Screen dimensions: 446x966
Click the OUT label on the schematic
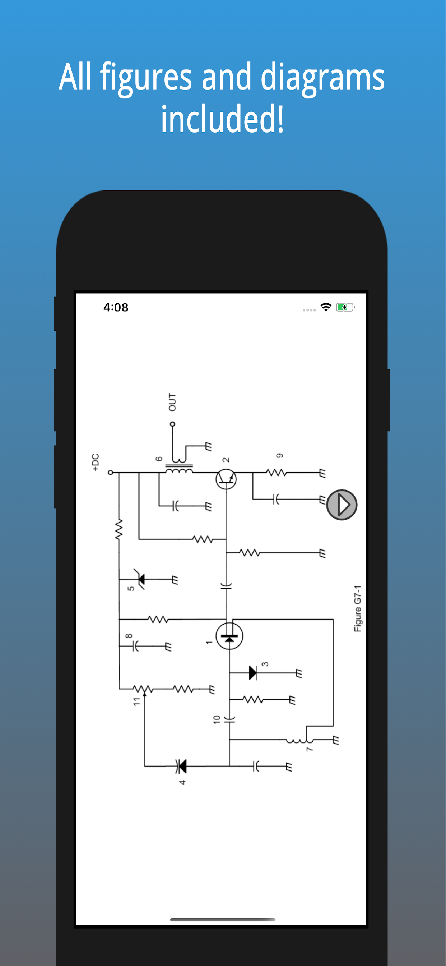[x=172, y=402]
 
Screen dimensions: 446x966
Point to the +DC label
[x=96, y=462]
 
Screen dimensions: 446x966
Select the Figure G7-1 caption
[x=358, y=608]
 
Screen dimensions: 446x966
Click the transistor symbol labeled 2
[x=226, y=479]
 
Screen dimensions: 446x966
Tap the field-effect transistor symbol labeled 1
[x=229, y=636]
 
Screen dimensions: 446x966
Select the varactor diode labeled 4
[x=181, y=766]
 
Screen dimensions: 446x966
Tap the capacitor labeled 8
[x=136, y=646]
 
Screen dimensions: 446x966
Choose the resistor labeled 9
[x=277, y=473]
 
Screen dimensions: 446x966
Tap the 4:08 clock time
[x=116, y=307]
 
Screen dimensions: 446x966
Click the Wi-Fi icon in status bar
[x=326, y=307]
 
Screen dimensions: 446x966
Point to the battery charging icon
[x=345, y=307]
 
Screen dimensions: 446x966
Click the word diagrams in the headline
[x=322, y=78]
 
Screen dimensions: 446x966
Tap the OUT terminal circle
[x=172, y=424]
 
